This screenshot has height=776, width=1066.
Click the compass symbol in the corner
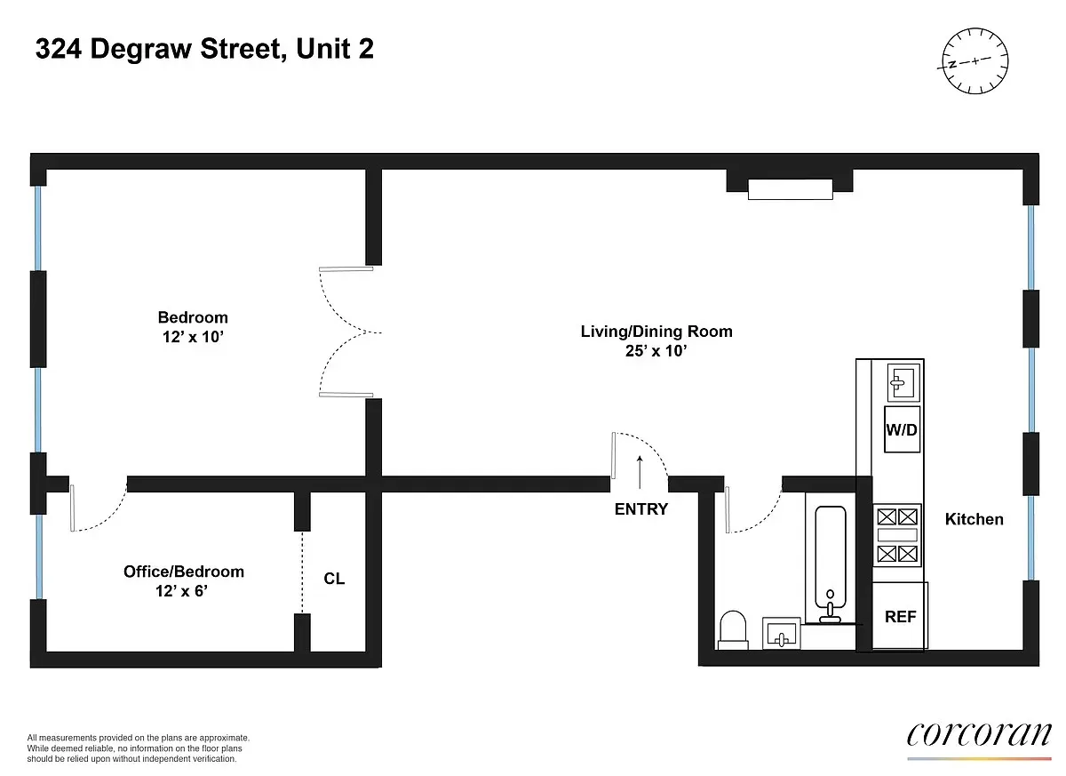tap(975, 60)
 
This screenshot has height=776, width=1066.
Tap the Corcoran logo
tap(978, 735)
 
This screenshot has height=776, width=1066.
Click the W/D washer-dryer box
tap(902, 429)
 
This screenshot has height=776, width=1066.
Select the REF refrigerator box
tap(900, 616)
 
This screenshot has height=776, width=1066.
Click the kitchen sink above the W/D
tap(902, 382)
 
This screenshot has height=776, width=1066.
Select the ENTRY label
tap(640, 509)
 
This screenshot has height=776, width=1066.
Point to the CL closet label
tap(334, 579)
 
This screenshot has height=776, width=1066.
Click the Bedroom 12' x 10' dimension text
tap(193, 337)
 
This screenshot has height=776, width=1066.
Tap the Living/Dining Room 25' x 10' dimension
tap(656, 351)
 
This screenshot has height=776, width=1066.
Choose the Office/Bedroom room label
tap(183, 572)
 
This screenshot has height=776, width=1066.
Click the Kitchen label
tap(974, 519)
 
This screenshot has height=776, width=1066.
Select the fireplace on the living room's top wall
tap(790, 188)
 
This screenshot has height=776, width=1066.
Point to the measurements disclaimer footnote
tap(139, 748)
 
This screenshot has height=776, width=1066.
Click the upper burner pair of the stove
tap(895, 516)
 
